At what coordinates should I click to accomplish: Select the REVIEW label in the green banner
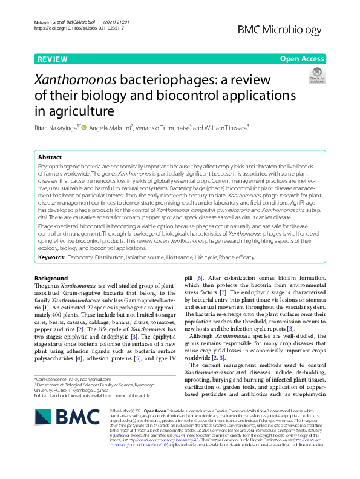click(52, 59)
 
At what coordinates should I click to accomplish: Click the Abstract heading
click(50, 156)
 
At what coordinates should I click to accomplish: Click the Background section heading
click(51, 278)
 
